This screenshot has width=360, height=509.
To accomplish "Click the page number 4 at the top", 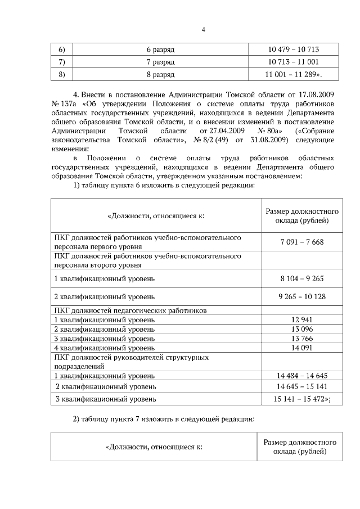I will coord(203,30).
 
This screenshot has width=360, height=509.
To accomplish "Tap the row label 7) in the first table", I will coord(62,62).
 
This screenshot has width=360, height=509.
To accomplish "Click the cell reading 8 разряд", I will coord(160,74).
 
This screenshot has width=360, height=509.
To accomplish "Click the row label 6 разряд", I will coord(160,50).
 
